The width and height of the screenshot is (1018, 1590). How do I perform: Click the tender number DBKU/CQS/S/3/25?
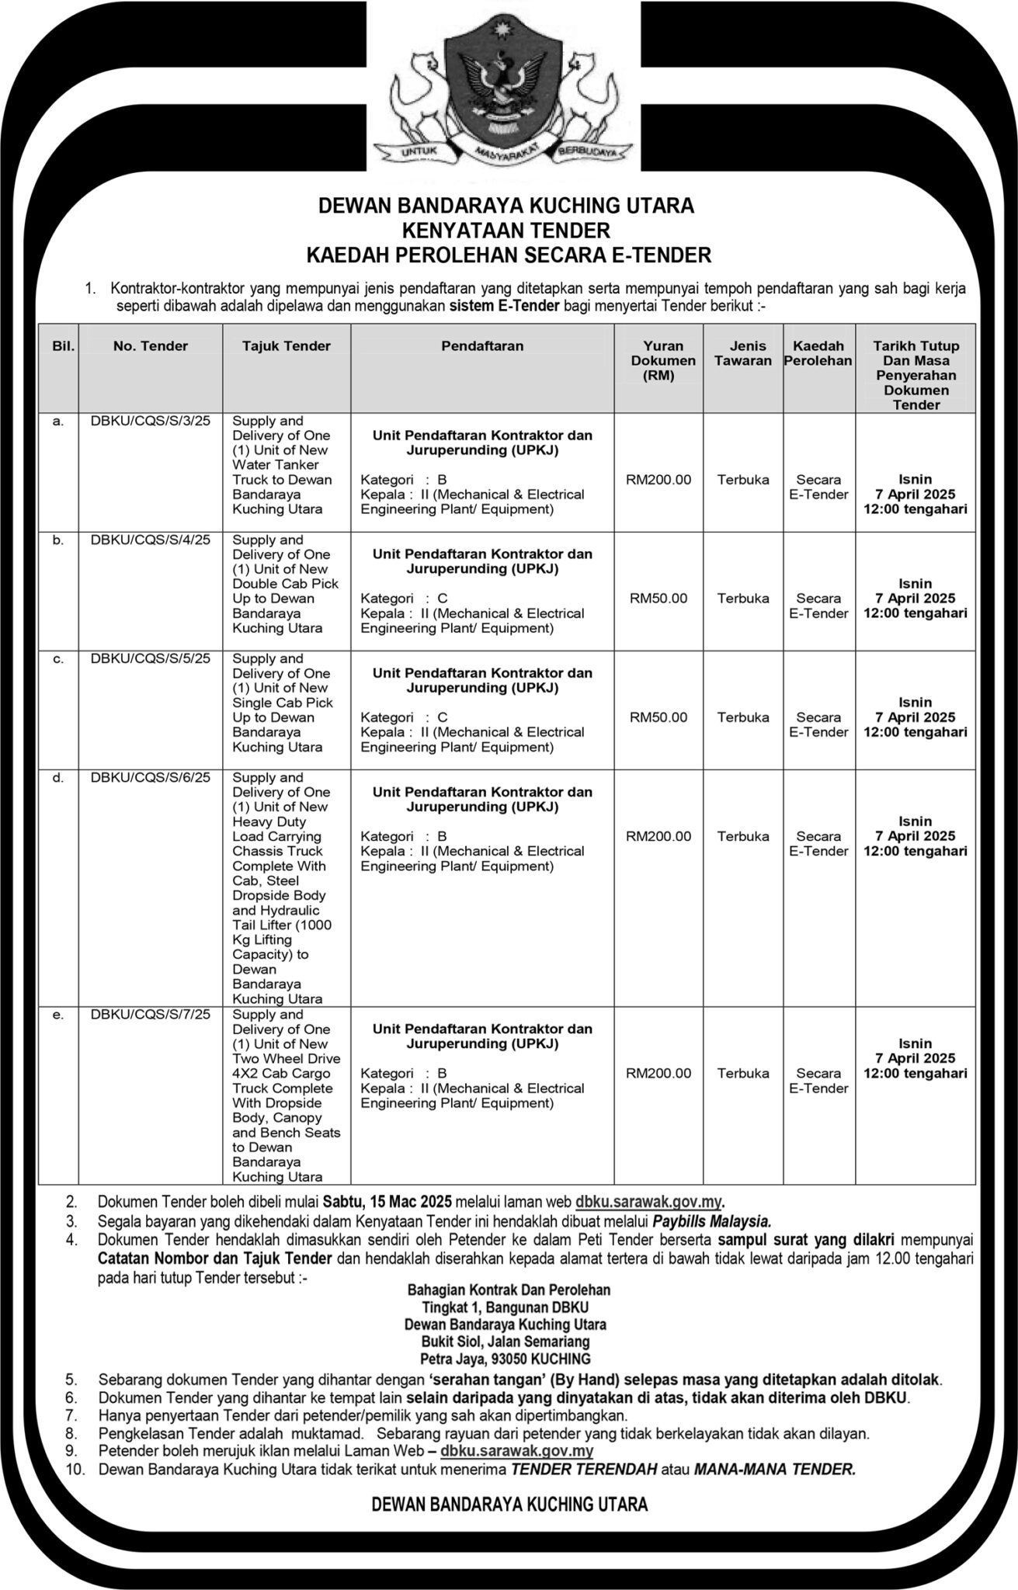(151, 421)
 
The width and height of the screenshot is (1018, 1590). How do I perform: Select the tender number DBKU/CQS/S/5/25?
(151, 658)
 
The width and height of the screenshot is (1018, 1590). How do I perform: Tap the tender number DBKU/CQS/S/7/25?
(151, 1014)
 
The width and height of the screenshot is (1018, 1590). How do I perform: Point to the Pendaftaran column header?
(482, 346)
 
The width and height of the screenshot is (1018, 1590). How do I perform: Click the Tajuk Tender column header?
(287, 346)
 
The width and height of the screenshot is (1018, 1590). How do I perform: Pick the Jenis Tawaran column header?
(742, 353)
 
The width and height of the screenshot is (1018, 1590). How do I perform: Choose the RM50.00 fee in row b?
(658, 599)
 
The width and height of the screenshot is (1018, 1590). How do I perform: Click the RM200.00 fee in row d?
(658, 836)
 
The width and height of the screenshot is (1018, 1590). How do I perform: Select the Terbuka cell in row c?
(742, 717)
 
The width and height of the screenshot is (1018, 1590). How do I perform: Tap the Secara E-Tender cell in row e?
(818, 1081)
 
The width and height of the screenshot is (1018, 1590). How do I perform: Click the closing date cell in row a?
(916, 495)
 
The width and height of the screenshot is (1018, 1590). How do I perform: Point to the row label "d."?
(58, 777)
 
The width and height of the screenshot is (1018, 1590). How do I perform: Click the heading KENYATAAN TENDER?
(506, 231)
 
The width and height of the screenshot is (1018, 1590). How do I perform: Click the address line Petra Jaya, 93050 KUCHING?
(506, 1359)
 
